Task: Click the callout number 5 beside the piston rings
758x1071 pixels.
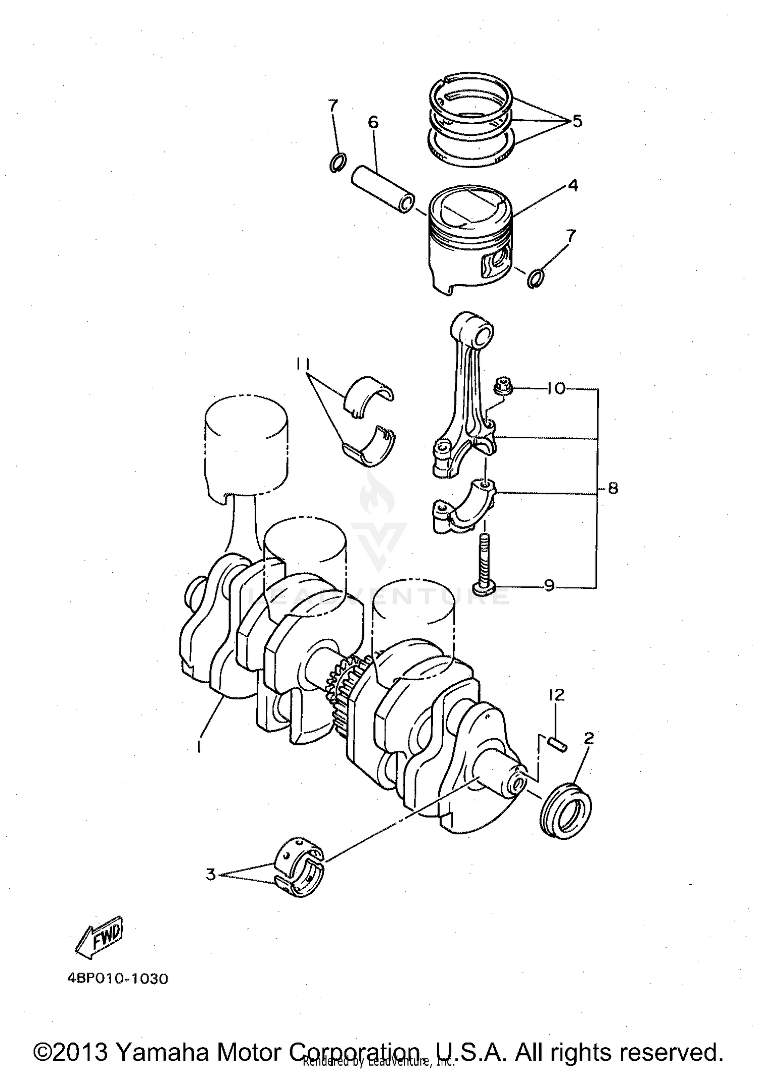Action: [x=577, y=121]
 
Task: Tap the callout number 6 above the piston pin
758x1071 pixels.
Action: [x=373, y=122]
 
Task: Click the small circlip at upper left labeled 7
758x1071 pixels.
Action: [x=337, y=164]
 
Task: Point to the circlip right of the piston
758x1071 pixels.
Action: [x=535, y=278]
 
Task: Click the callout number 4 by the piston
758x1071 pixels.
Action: [x=573, y=186]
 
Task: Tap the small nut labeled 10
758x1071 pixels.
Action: [x=502, y=387]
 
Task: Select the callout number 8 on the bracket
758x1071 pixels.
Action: [x=612, y=488]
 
